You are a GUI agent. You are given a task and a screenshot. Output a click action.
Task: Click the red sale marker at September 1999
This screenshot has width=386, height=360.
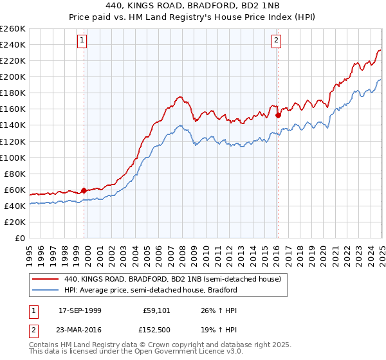[x=84, y=190]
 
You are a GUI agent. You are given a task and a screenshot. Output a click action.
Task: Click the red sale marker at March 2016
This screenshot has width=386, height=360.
[x=278, y=115]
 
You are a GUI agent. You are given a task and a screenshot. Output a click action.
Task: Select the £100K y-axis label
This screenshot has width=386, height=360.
[x=13, y=157]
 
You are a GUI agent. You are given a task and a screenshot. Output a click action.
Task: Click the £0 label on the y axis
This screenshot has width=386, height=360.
[x=19, y=238]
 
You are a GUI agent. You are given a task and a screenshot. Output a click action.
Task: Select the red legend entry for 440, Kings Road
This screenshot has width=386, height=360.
[x=172, y=280]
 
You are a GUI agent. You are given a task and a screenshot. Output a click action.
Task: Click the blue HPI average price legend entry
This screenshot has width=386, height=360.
[x=151, y=290]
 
